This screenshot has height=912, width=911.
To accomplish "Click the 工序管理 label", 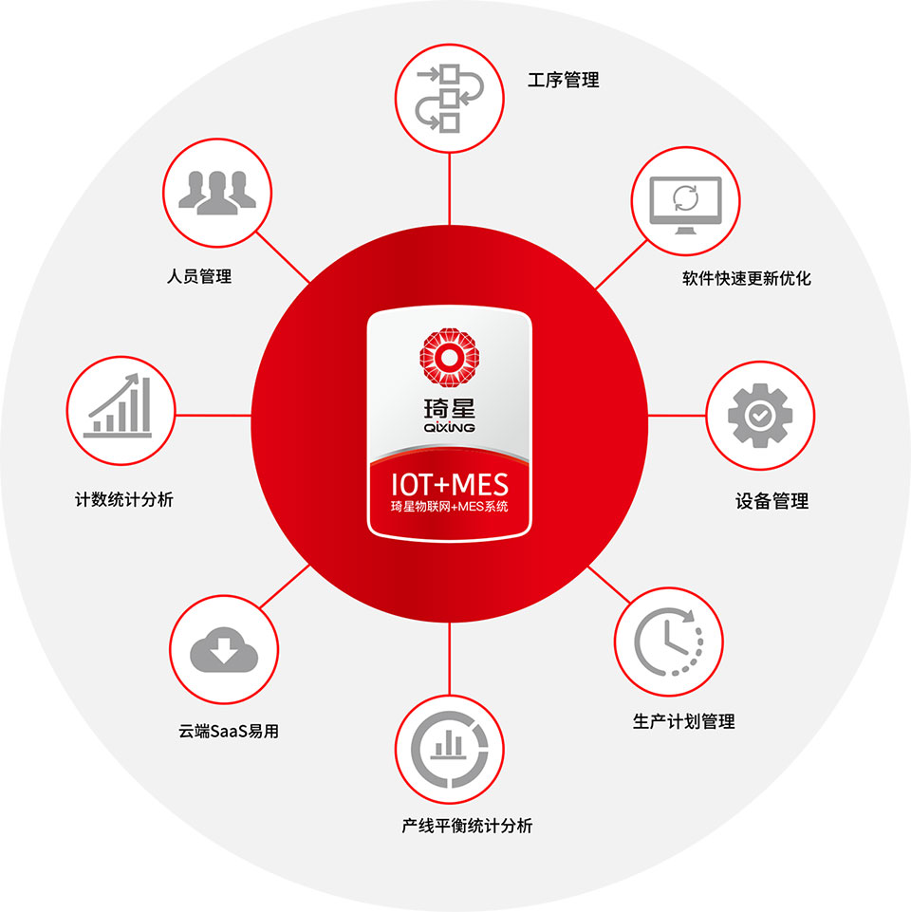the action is coord(563,81).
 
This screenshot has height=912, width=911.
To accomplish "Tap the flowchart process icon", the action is coord(449,99).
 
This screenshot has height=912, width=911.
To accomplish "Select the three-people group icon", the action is coord(217,193).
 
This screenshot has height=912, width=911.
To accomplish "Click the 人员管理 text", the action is coord(199,276).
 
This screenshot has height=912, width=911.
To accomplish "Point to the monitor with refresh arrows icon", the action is coord(685,205).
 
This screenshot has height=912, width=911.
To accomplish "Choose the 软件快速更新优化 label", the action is coord(747,279).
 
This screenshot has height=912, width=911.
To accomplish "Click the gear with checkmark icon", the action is coord(760,416).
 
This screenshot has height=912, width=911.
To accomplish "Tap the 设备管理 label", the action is coord(772,501).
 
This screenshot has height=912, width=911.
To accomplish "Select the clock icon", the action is coord(668,642).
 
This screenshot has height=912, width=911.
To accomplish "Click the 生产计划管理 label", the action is coord(683,722).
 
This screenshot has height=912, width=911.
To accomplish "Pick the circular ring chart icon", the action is coord(449,749).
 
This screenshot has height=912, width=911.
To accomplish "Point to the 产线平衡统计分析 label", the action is coord(467,826).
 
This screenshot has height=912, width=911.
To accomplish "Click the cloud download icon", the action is coord(224,650).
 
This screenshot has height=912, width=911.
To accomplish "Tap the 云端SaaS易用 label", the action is coord(229,731).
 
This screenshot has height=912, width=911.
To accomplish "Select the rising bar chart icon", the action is coord(119,405).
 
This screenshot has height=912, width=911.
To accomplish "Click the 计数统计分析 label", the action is coord(124,499).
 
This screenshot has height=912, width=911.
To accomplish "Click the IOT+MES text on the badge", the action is coord(449,485).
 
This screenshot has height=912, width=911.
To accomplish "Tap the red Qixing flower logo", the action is coord(449,357).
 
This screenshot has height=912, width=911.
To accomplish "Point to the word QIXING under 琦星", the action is coord(449,427).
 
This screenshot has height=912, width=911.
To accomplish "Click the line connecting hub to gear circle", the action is coord(677,416).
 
